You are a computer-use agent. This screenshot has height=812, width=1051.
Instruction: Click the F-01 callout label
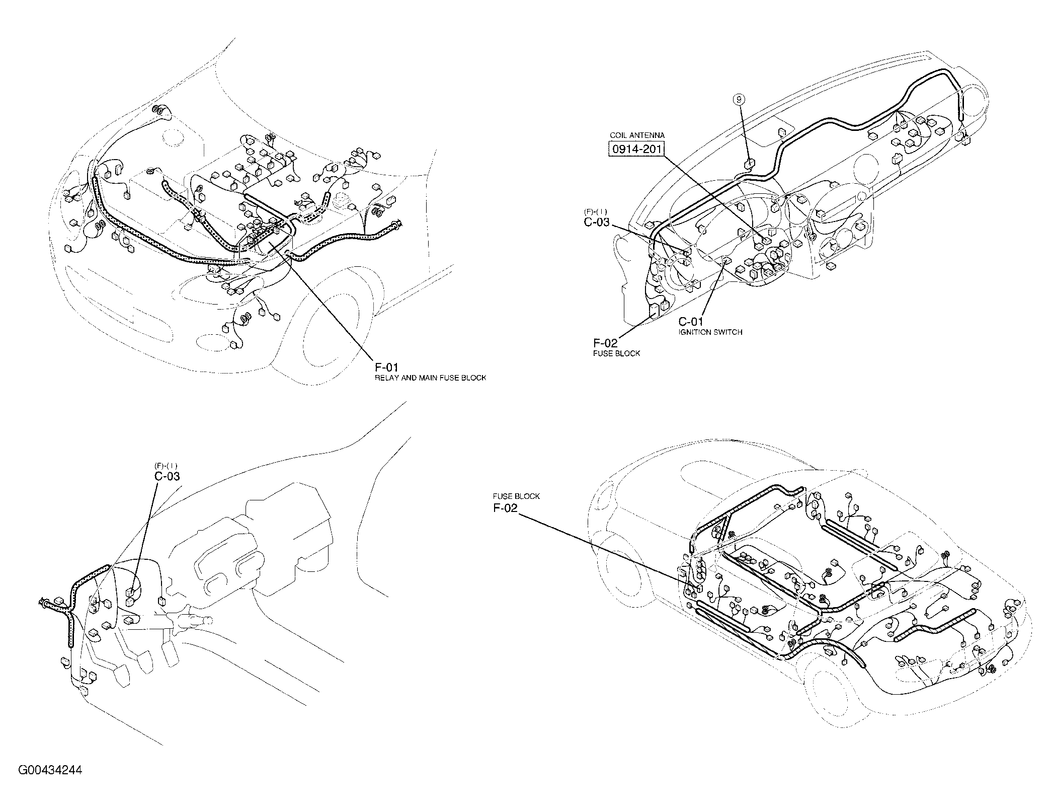tap(387, 367)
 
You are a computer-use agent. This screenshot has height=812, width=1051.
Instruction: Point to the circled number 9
tap(739, 114)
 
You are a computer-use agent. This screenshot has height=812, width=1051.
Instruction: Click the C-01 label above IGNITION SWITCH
tap(691, 322)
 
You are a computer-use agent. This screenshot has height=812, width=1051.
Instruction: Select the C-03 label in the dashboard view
tap(597, 222)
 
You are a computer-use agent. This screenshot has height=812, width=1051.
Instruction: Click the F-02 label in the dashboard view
tap(605, 343)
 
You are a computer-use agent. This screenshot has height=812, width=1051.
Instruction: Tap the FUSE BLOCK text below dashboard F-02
tap(617, 353)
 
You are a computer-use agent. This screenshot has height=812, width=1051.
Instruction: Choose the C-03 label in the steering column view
tap(167, 476)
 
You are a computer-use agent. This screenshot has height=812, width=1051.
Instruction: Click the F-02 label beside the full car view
tap(505, 508)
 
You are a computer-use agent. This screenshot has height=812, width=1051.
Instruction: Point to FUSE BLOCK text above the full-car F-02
tap(516, 496)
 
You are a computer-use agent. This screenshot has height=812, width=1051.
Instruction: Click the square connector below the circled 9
tap(749, 163)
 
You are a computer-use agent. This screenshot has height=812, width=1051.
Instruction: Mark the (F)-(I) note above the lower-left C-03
tap(166, 466)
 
